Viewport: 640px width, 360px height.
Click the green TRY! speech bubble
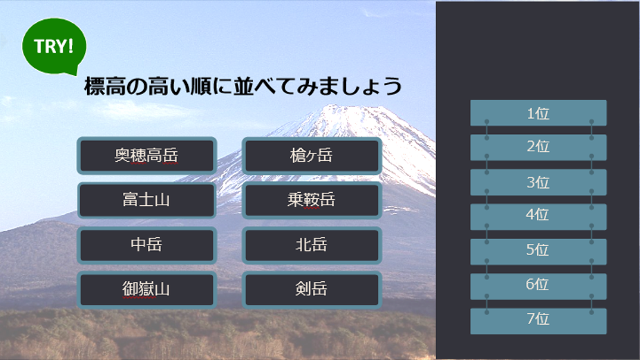[x=55, y=46]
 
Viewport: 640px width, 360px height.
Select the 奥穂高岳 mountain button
[x=147, y=155]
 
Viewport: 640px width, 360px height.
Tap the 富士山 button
[x=147, y=200]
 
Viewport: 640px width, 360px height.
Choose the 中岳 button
[x=147, y=245]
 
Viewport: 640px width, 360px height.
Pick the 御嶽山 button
[x=147, y=290]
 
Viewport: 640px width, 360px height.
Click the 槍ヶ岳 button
[x=312, y=155]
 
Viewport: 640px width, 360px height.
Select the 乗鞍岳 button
[x=312, y=200]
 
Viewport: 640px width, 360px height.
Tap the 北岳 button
[x=312, y=245]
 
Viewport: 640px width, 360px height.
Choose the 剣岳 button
[x=312, y=290]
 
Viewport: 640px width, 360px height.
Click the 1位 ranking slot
[x=538, y=113]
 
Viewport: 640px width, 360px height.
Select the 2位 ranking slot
[x=538, y=147]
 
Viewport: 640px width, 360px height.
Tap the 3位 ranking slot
[x=538, y=182]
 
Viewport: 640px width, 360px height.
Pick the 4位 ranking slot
[x=538, y=217]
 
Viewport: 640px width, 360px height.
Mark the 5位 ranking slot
[x=538, y=252]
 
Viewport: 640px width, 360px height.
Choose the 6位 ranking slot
[x=538, y=286]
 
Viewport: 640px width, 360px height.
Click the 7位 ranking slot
[x=538, y=321]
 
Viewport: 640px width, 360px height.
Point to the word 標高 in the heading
[x=105, y=86]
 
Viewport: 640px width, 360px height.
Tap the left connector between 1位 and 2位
[x=487, y=130]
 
